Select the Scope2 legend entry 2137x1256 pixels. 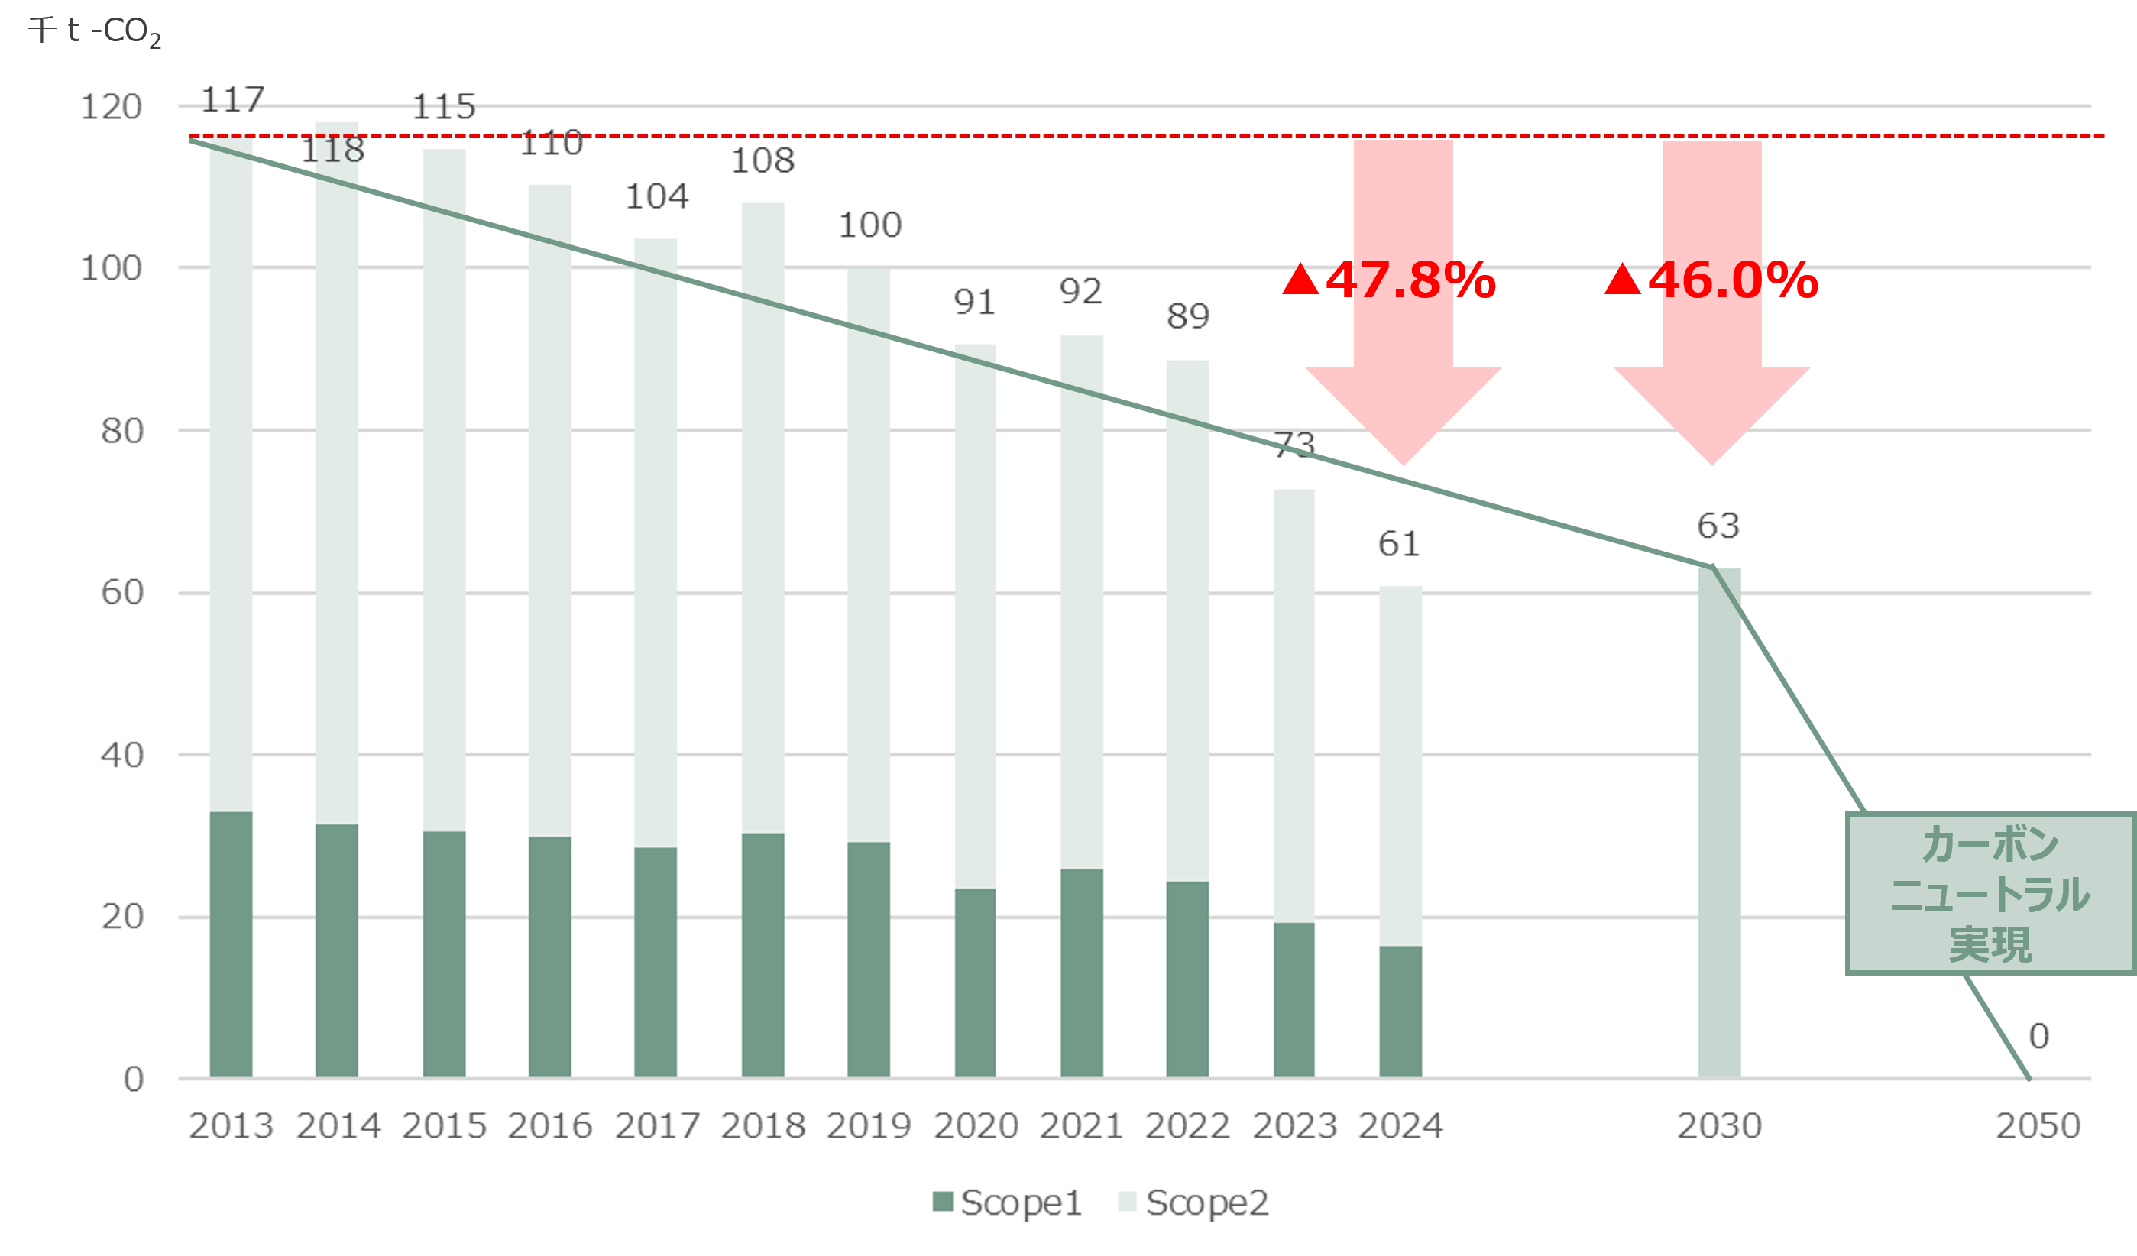tap(1194, 1203)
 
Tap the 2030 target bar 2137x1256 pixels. tap(1719, 823)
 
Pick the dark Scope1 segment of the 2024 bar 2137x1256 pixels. tap(1400, 1011)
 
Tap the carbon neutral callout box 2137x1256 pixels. tap(1990, 894)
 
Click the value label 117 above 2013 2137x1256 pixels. tap(232, 100)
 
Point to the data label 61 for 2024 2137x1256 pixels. tap(1398, 544)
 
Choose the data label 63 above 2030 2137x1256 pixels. tap(1718, 526)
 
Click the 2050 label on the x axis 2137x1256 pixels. tap(2038, 1126)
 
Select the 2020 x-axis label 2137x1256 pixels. tap(975, 1126)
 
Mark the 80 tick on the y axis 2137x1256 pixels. tap(122, 431)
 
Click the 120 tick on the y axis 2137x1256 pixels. tap(111, 107)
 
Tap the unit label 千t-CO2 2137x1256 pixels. tap(94, 31)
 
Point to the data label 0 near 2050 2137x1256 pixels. tap(2038, 1036)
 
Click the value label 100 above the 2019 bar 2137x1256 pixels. tap(869, 225)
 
